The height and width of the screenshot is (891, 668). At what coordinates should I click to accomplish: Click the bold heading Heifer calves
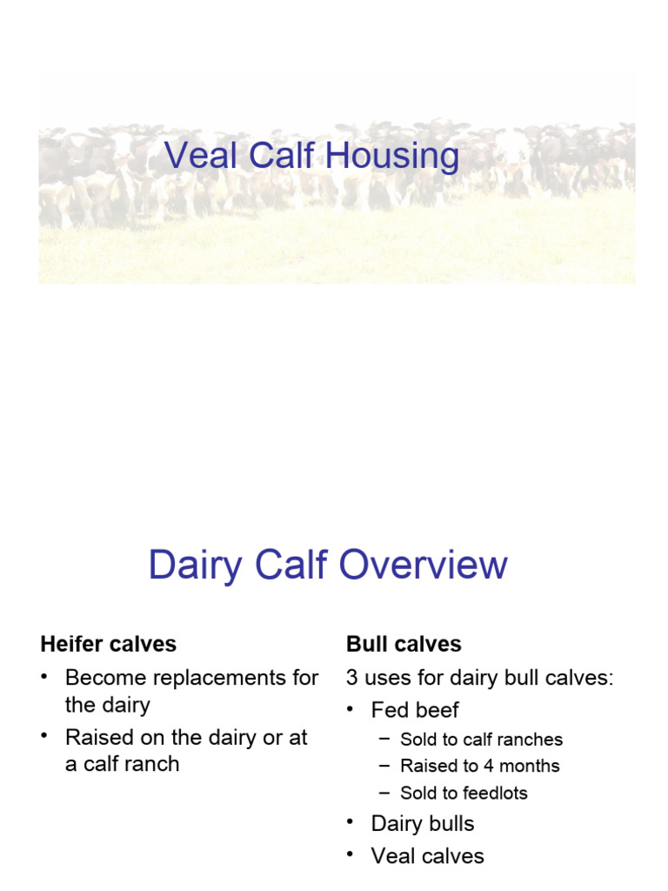coord(108,644)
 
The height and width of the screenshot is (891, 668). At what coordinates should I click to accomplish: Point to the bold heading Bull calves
coord(404,644)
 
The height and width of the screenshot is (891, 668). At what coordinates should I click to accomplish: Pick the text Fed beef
coord(415,710)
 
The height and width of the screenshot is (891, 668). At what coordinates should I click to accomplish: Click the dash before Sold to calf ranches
coord(385,740)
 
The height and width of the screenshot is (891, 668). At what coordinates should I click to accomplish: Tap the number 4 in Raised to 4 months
coord(492,766)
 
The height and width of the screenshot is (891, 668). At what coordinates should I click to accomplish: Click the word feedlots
coord(496,793)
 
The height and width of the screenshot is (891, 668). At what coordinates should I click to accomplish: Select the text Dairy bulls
coord(423,823)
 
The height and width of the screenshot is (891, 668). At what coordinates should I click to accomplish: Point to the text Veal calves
coord(427,856)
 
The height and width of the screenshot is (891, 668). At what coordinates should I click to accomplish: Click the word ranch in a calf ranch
coord(150,764)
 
